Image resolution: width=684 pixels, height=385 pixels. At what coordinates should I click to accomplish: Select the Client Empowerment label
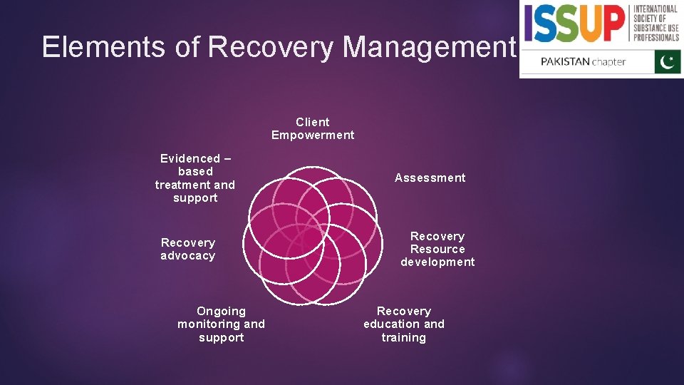[x=312, y=128]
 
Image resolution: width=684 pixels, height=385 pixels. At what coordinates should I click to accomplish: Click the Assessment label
[x=430, y=178]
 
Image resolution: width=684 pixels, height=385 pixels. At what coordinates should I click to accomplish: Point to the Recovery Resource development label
[x=437, y=249]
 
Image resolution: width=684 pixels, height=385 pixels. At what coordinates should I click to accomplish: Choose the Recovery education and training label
[x=403, y=324]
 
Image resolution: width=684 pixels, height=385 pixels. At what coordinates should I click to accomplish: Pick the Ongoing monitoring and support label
[x=221, y=324]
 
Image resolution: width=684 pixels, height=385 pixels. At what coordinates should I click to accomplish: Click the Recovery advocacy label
[x=187, y=249]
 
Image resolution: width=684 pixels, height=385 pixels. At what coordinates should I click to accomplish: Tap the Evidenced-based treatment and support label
[x=195, y=178]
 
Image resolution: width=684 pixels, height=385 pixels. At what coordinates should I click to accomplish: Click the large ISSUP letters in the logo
[x=576, y=24]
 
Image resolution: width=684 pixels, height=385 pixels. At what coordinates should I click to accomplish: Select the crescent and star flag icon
[x=668, y=61]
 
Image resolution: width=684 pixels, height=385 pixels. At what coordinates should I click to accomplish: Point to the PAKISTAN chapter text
[x=583, y=61]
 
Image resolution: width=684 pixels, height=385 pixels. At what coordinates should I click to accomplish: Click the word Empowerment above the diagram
[x=312, y=135]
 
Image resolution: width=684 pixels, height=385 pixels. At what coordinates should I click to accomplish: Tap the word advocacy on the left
[x=187, y=256]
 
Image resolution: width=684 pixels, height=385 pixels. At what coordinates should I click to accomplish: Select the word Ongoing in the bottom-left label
[x=221, y=312]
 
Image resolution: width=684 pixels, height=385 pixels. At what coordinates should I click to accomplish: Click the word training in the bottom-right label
[x=403, y=338]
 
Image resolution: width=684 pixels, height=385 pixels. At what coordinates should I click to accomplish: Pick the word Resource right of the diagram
[x=437, y=249]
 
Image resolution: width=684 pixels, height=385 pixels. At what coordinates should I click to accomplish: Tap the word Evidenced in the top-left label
[x=190, y=158]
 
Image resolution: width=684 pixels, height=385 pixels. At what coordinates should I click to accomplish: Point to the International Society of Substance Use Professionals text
[x=656, y=24]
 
